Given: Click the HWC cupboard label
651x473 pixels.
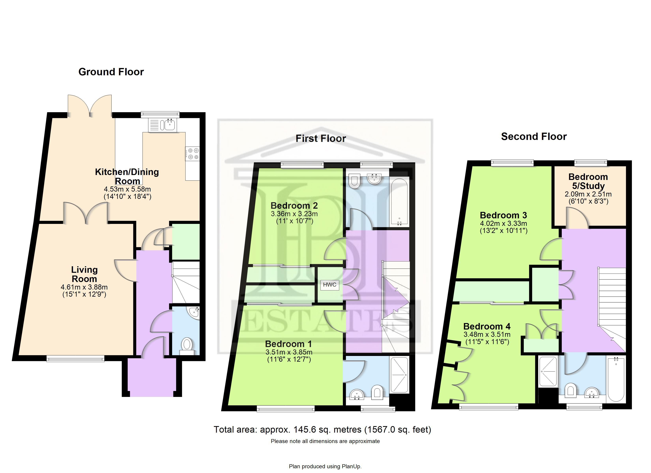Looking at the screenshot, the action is pyautogui.click(x=329, y=285).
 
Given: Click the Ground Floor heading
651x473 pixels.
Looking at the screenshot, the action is pyautogui.click(x=111, y=72).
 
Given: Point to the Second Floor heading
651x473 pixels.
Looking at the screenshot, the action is pyautogui.click(x=534, y=137).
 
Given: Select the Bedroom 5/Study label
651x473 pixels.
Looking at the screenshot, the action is pyautogui.click(x=588, y=181).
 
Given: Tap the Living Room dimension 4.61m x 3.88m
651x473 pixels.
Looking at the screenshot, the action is pyautogui.click(x=84, y=287).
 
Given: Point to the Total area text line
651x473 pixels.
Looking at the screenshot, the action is pyautogui.click(x=322, y=429).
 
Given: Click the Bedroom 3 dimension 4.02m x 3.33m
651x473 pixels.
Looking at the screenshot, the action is pyautogui.click(x=503, y=223).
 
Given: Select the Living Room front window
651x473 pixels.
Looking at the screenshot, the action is pyautogui.click(x=76, y=358).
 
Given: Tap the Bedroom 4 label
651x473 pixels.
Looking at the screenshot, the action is pyautogui.click(x=487, y=326).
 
